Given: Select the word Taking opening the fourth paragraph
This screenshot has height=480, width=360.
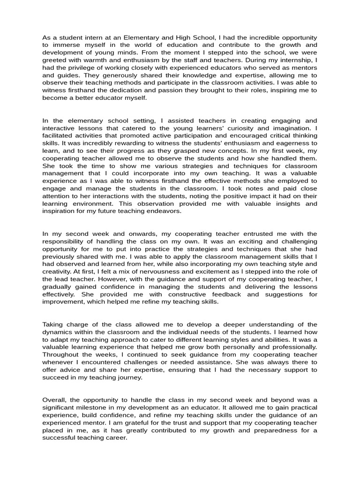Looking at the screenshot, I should [x=53, y=324].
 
